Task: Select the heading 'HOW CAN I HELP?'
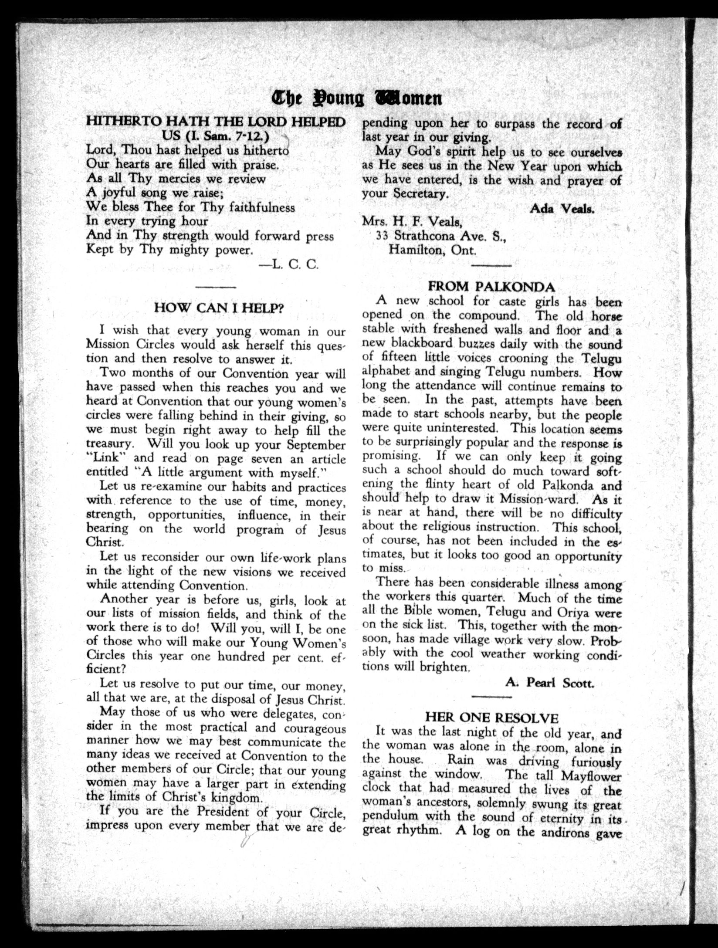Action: [220, 308]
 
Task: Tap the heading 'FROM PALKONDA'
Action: [491, 286]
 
